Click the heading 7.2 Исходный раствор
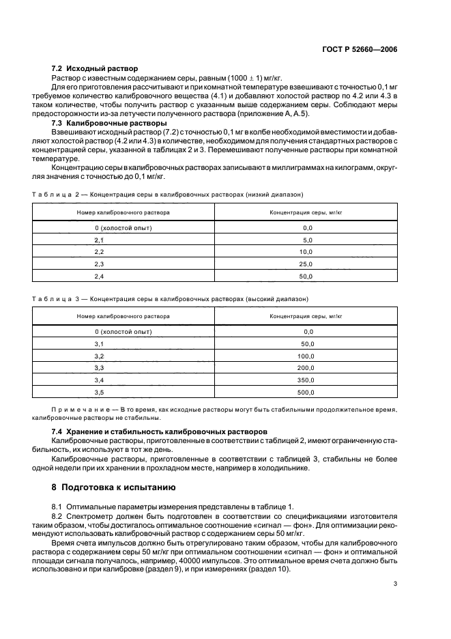pyautogui.click(x=96, y=69)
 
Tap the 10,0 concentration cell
pyautogui.click(x=306, y=252)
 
